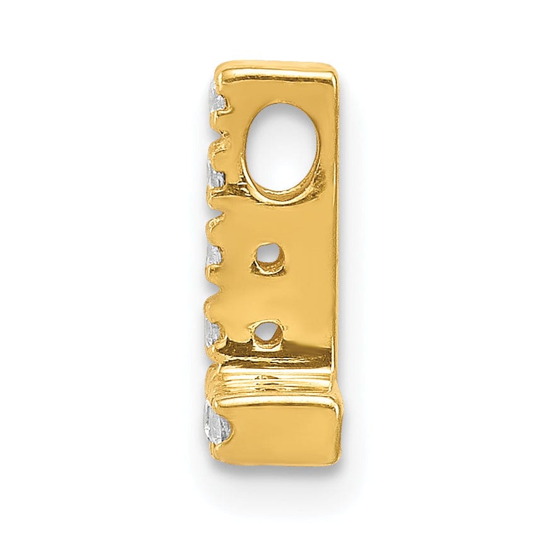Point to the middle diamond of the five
coord(214,255)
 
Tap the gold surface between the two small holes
coord(271,296)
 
